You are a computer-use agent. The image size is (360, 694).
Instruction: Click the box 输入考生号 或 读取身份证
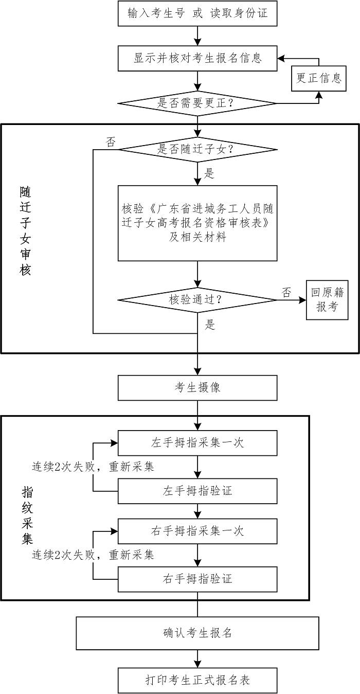coord(197,13)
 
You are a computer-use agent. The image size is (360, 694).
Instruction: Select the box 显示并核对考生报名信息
coord(197,58)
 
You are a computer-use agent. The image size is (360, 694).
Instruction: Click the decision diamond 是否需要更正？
coord(197,103)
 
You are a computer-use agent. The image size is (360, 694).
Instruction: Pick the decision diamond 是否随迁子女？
coord(197,150)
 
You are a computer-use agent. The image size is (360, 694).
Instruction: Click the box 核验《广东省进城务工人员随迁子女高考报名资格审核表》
coord(197,223)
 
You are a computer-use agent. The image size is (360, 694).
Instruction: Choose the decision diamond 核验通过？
coord(197,299)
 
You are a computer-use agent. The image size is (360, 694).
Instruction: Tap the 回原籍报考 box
coord(327,300)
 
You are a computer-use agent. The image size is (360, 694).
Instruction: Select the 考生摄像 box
coord(197,387)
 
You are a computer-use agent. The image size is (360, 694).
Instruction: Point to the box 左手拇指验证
coord(197,491)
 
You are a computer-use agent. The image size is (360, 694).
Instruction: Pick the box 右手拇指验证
coord(197,579)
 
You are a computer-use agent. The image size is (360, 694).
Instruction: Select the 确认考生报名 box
coord(197,633)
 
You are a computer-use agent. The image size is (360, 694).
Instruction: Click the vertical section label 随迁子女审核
coord(25,230)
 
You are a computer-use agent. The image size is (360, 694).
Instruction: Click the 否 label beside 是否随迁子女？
coord(111,141)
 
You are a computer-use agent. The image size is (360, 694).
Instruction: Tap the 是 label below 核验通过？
coord(210,325)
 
